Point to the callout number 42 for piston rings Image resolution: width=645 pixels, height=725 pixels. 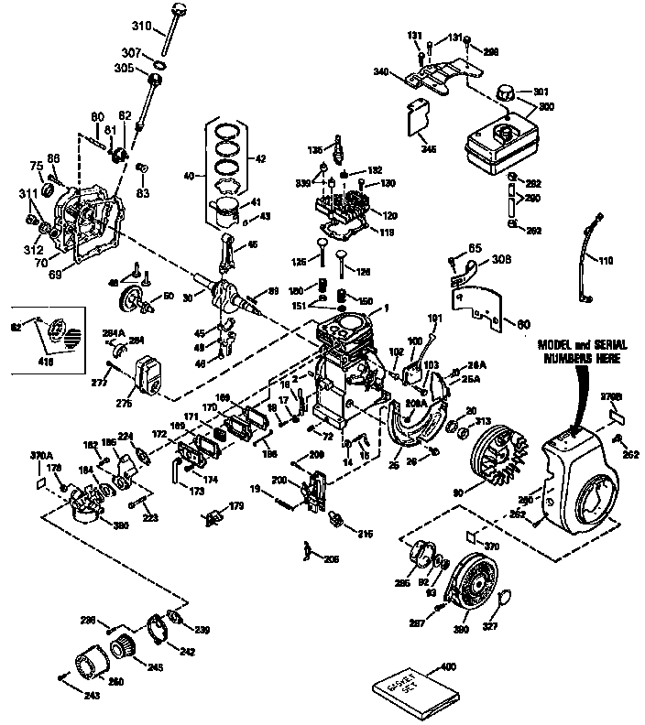tap(260, 159)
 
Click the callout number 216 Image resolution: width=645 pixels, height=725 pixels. tap(365, 533)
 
